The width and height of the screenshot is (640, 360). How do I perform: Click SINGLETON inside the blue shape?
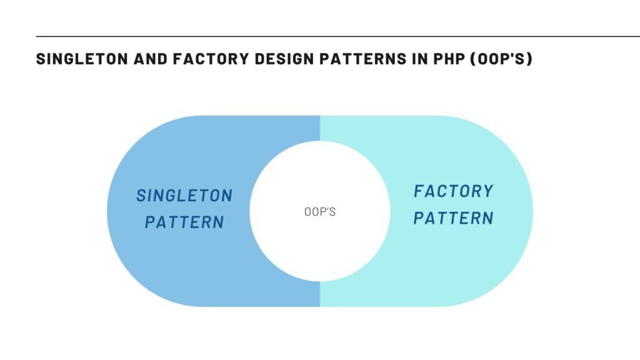[x=184, y=196]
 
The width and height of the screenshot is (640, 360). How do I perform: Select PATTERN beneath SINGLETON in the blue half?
[x=184, y=222]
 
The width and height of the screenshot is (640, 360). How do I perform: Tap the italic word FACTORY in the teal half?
[x=454, y=191]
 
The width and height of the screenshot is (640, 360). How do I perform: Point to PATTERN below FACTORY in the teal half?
[x=454, y=218]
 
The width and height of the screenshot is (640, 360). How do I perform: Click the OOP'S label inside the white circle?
[x=320, y=212]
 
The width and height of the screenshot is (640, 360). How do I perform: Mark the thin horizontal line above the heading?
[x=337, y=37]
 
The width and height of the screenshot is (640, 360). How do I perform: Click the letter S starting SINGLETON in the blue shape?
[x=141, y=196]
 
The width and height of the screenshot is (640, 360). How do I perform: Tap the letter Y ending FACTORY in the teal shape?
[x=489, y=191]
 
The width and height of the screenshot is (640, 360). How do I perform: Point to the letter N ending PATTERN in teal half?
[x=488, y=218]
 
